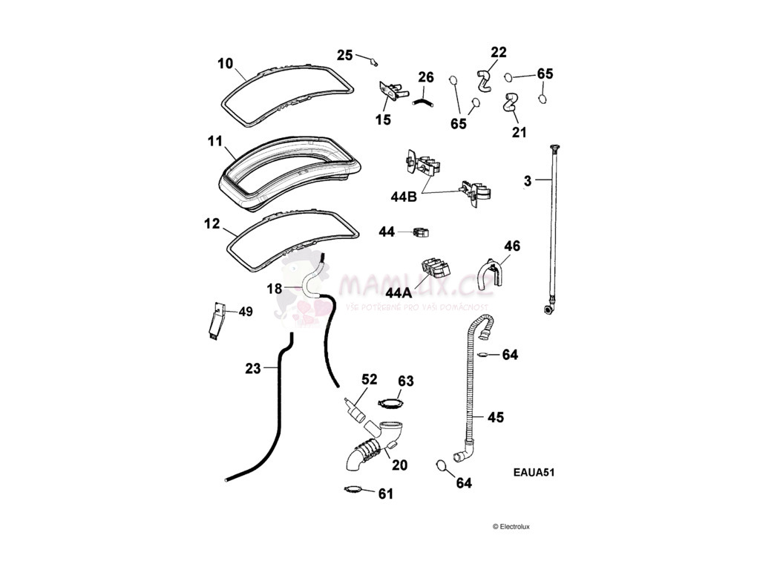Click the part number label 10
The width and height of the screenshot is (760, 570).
tap(226, 63)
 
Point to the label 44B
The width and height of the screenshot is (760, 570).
tap(403, 197)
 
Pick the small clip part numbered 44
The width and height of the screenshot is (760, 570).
tap(421, 233)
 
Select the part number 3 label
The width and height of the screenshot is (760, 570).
tap(527, 180)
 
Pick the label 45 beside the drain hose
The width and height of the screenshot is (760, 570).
tap(495, 418)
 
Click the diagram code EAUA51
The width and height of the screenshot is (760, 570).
tap(534, 471)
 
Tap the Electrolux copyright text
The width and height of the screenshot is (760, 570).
tap(511, 527)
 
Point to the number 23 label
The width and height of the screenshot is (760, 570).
tap(254, 367)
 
